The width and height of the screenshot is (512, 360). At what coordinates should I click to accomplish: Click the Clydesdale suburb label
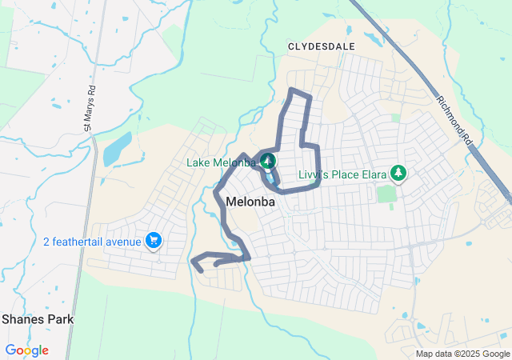pyautogui.click(x=321, y=46)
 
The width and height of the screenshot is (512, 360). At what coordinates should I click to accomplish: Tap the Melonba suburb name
pyautogui.click(x=250, y=202)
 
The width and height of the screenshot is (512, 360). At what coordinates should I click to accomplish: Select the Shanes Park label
pyautogui.click(x=38, y=319)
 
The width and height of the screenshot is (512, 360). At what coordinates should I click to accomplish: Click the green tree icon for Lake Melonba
pyautogui.click(x=267, y=162)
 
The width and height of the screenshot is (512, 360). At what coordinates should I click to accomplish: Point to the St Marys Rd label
pyautogui.click(x=89, y=109)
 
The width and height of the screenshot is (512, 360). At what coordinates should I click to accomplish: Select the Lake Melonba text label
pyautogui.click(x=222, y=162)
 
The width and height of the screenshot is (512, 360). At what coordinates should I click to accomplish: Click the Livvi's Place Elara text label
pyautogui.click(x=340, y=174)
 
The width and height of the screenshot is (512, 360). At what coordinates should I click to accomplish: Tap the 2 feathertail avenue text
pyautogui.click(x=93, y=241)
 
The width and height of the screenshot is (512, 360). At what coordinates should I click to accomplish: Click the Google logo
pyautogui.click(x=26, y=350)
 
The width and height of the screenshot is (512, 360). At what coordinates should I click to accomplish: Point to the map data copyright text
pyautogui.click(x=462, y=354)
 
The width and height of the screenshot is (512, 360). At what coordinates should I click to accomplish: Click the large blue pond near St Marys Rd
pyautogui.click(x=117, y=148)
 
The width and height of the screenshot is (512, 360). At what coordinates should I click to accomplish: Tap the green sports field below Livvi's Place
pyautogui.click(x=386, y=194)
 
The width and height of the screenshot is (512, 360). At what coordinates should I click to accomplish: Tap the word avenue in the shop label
pyautogui.click(x=121, y=241)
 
